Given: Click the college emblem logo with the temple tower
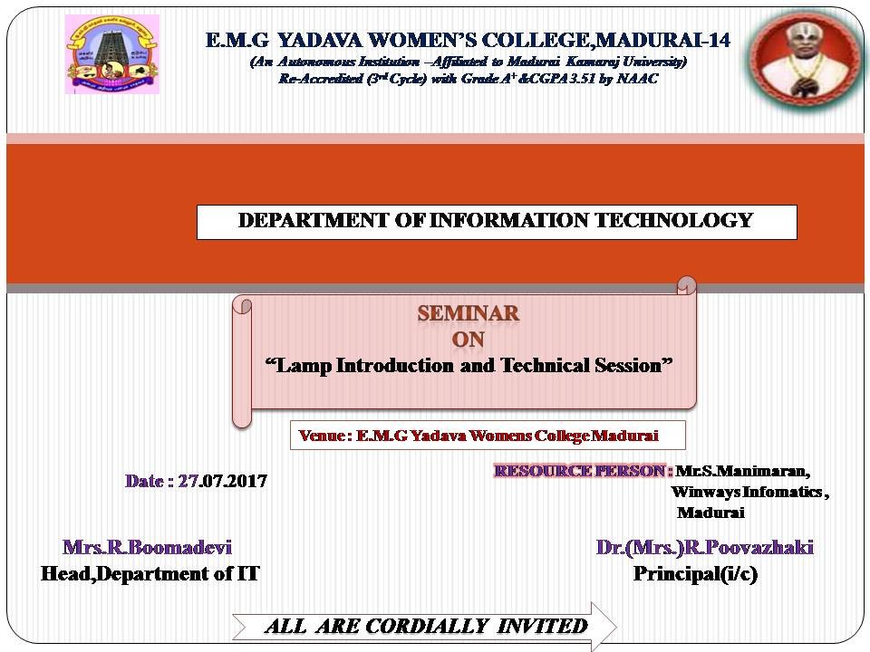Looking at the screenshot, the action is click(x=112, y=54).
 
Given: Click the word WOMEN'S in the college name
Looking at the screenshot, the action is click(x=421, y=41).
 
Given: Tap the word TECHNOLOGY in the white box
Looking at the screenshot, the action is click(x=673, y=221).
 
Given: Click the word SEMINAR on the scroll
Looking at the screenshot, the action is click(x=469, y=314).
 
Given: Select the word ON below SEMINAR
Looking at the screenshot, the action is click(x=468, y=340).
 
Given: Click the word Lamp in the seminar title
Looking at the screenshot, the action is click(x=304, y=367).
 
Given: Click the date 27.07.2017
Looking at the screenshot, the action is click(x=223, y=481).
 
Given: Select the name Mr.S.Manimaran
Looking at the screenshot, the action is click(x=742, y=471).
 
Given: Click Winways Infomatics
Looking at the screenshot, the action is click(x=747, y=492).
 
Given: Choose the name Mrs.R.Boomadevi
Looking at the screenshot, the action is click(x=147, y=547).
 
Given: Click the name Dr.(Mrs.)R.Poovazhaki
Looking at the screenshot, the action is click(x=705, y=547).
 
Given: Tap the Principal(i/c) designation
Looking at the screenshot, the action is click(x=695, y=574).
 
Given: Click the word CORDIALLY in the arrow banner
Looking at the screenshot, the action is click(x=426, y=626).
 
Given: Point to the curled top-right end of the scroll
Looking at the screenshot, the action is click(x=687, y=285).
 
